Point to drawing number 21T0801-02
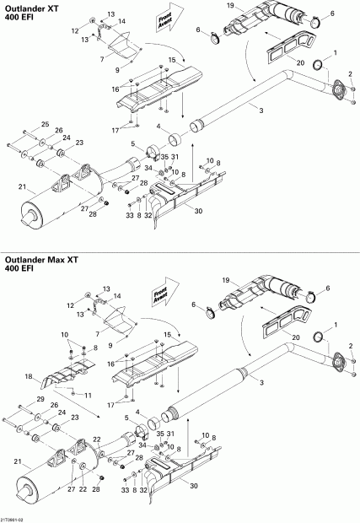tap(15, 517)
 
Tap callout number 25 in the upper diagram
tap(45, 124)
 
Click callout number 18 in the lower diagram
tap(29, 376)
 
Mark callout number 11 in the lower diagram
tap(89, 394)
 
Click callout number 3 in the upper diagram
tap(261, 111)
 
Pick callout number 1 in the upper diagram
tap(336, 52)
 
